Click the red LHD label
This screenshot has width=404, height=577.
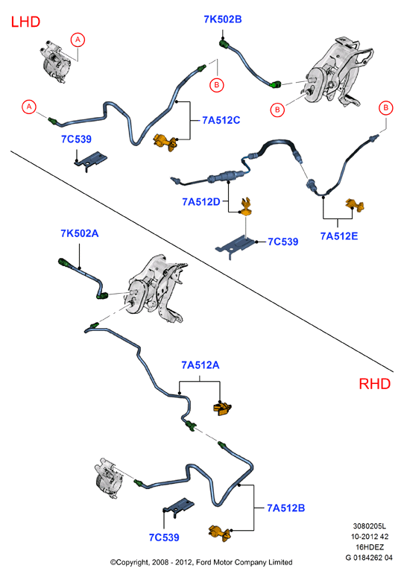(25, 22)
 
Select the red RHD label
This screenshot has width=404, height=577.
(375, 384)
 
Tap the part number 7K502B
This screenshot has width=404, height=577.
(223, 19)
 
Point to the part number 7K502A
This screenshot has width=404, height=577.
(80, 233)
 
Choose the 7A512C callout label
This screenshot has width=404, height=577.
(221, 120)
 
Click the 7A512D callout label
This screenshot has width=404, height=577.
(201, 202)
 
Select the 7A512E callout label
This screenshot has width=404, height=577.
(339, 236)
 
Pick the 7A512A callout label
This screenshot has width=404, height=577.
(201, 365)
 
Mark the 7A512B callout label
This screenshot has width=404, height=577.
(286, 508)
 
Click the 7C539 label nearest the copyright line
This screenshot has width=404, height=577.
(164, 537)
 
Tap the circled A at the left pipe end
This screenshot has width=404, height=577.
(29, 107)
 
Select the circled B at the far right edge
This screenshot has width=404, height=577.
(385, 108)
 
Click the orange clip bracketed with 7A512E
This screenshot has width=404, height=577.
(355, 206)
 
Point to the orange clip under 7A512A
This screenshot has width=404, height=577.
(222, 409)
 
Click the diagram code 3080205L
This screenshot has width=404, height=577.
(370, 526)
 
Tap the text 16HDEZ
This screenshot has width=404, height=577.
(370, 547)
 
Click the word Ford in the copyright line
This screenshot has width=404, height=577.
(203, 562)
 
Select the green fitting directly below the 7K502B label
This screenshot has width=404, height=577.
(224, 45)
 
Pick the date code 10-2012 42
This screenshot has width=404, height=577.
(370, 537)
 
